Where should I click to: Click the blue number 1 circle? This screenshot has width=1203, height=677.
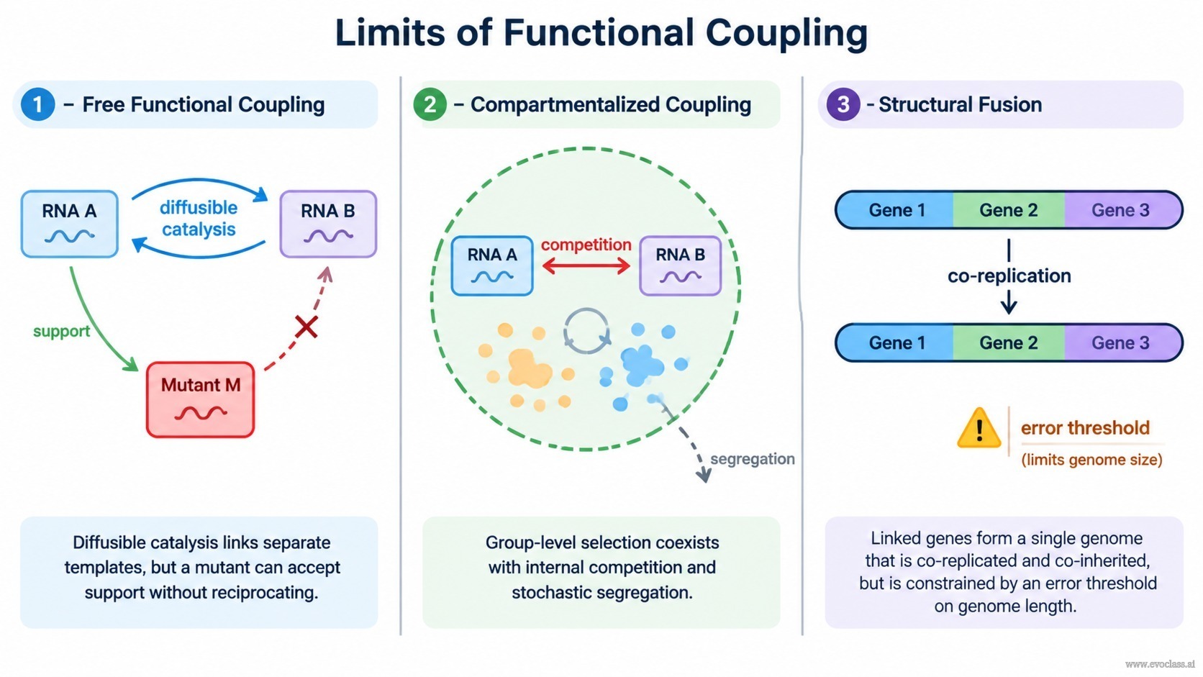tap(37, 104)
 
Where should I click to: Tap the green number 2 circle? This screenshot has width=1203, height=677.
tap(430, 104)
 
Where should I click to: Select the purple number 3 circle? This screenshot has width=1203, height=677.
tap(843, 104)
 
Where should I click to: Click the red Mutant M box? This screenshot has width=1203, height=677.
tap(200, 399)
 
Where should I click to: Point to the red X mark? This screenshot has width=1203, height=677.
tap(306, 327)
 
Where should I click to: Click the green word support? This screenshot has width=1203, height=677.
tap(61, 331)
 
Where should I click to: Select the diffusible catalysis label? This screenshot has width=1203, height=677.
tap(199, 218)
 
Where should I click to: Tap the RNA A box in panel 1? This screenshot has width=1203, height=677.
tap(69, 224)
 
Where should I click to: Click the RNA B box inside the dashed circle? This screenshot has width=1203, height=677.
tap(680, 265)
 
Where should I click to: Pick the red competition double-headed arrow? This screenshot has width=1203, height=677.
tap(586, 265)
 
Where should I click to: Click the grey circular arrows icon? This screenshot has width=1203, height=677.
tap(586, 331)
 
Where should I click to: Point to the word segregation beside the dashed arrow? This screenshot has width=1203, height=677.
tap(753, 459)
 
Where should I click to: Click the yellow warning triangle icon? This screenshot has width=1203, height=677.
tap(979, 428)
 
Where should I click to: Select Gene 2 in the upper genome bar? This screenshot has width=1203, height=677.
tap(1009, 210)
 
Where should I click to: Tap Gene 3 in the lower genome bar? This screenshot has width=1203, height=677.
tap(1121, 342)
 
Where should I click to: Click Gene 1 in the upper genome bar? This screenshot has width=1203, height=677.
tap(897, 210)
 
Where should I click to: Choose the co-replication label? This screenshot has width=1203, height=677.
tap(1009, 276)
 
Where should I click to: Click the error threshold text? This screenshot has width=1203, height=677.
tap(1085, 428)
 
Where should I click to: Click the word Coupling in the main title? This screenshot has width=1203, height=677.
tap(786, 33)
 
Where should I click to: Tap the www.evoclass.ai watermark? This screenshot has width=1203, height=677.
tap(1160, 664)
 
